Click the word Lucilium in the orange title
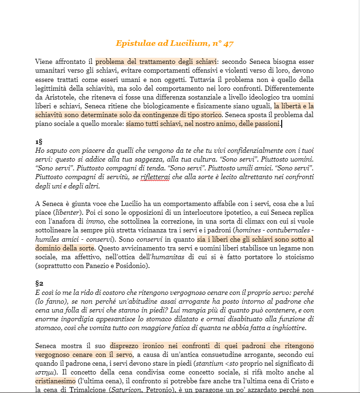click(190, 44)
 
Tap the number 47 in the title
click(228, 44)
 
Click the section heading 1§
click(39, 141)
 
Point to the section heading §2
click(39, 283)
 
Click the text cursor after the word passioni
click(282, 124)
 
